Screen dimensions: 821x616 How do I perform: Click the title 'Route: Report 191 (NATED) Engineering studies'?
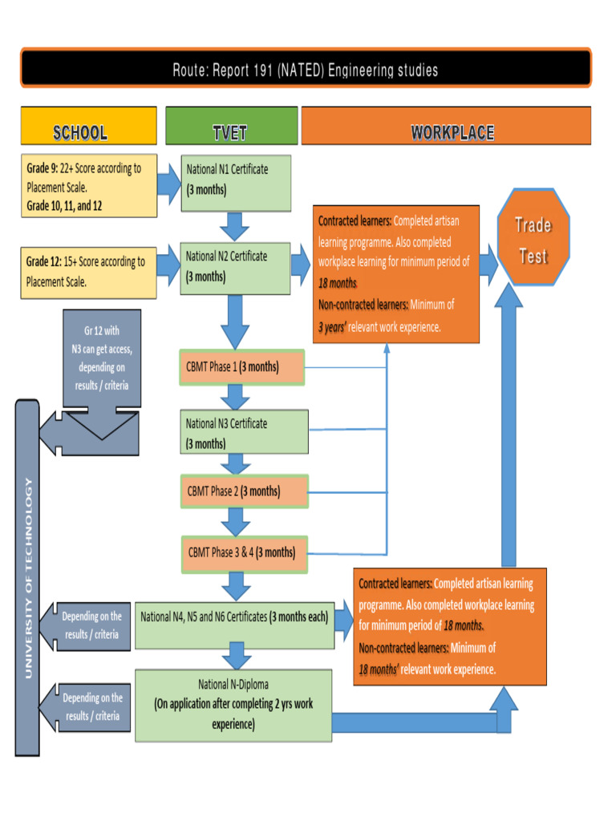(x=306, y=71)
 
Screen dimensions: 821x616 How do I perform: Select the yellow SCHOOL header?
(x=88, y=132)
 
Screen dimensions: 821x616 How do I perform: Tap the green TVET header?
(x=230, y=132)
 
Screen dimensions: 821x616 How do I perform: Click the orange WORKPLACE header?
(x=452, y=132)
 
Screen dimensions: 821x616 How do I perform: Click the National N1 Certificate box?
(x=235, y=183)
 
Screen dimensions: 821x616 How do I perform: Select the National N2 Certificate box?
(x=235, y=267)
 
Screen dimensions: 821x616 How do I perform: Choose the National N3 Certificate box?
(x=244, y=432)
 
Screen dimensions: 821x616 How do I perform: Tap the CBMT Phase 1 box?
(x=243, y=367)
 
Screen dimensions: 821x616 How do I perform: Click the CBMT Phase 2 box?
(x=244, y=491)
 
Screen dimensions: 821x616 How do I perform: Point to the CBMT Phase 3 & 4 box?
(x=244, y=552)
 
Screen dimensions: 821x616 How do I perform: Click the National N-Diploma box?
(x=233, y=705)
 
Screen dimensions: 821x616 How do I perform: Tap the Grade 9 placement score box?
(x=88, y=186)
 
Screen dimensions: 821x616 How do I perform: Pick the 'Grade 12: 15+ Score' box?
(x=88, y=271)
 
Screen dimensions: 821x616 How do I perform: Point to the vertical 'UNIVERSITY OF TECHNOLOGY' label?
(x=28, y=577)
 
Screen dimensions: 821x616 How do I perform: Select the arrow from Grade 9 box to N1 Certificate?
(x=168, y=184)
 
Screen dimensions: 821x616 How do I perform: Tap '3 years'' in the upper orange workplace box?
(x=331, y=326)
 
